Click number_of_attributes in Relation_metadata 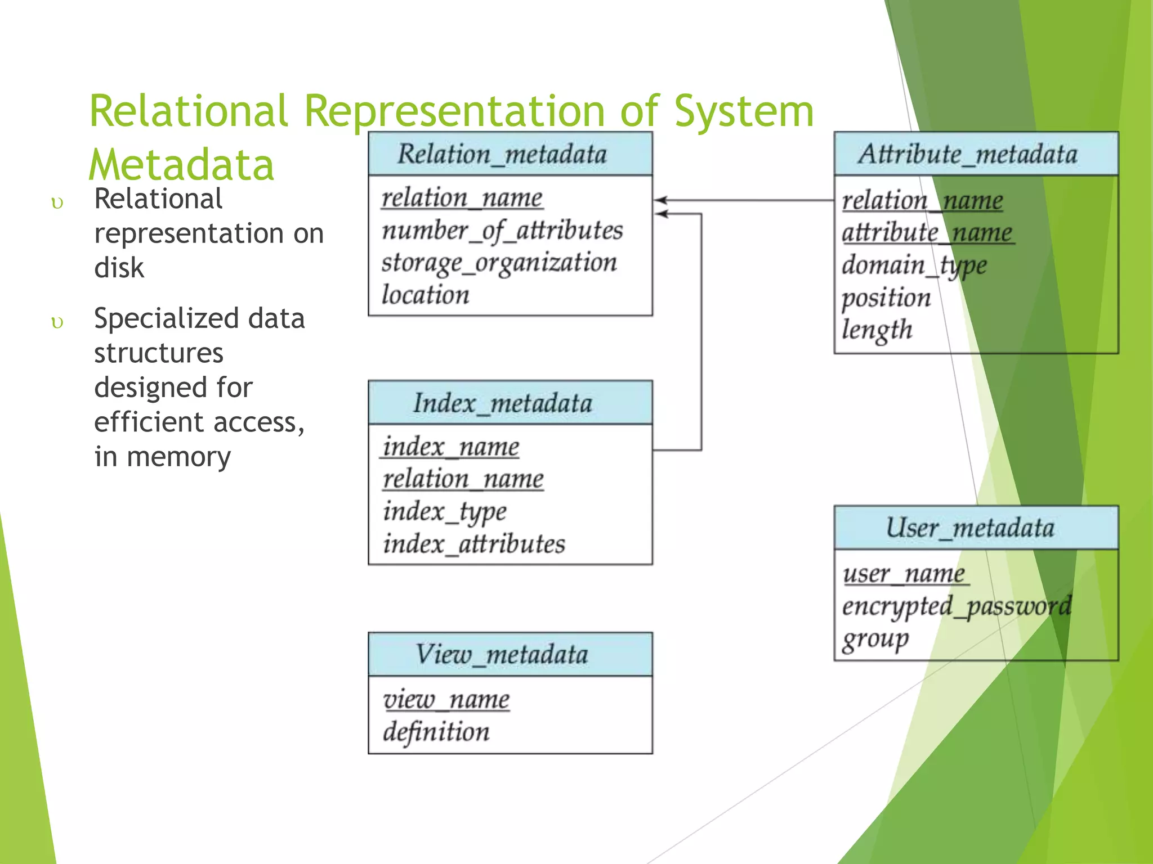coord(502,231)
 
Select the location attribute coord(426,295)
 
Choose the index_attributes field coord(474,544)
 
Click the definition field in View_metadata coord(436,732)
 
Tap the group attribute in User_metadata coord(875,640)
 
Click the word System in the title coord(744,111)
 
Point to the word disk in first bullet coord(119,268)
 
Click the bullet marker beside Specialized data coord(57,322)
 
